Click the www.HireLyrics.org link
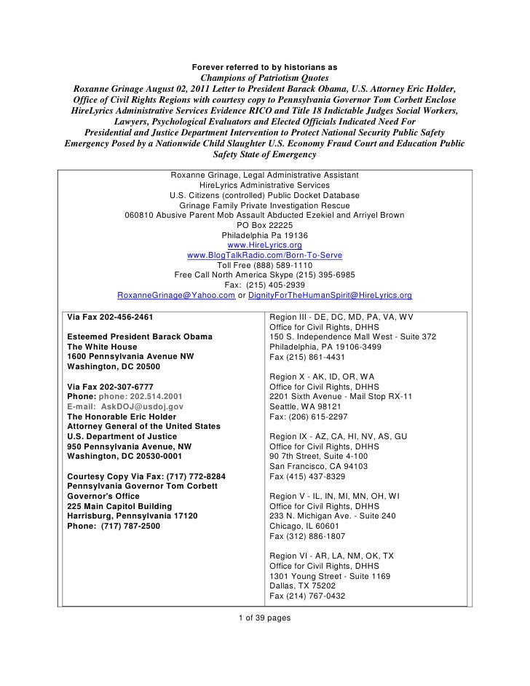(264, 245)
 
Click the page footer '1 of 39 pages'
(264, 618)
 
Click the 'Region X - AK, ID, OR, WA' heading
(322, 376)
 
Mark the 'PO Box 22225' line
(264, 225)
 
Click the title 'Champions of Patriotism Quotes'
(264, 79)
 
